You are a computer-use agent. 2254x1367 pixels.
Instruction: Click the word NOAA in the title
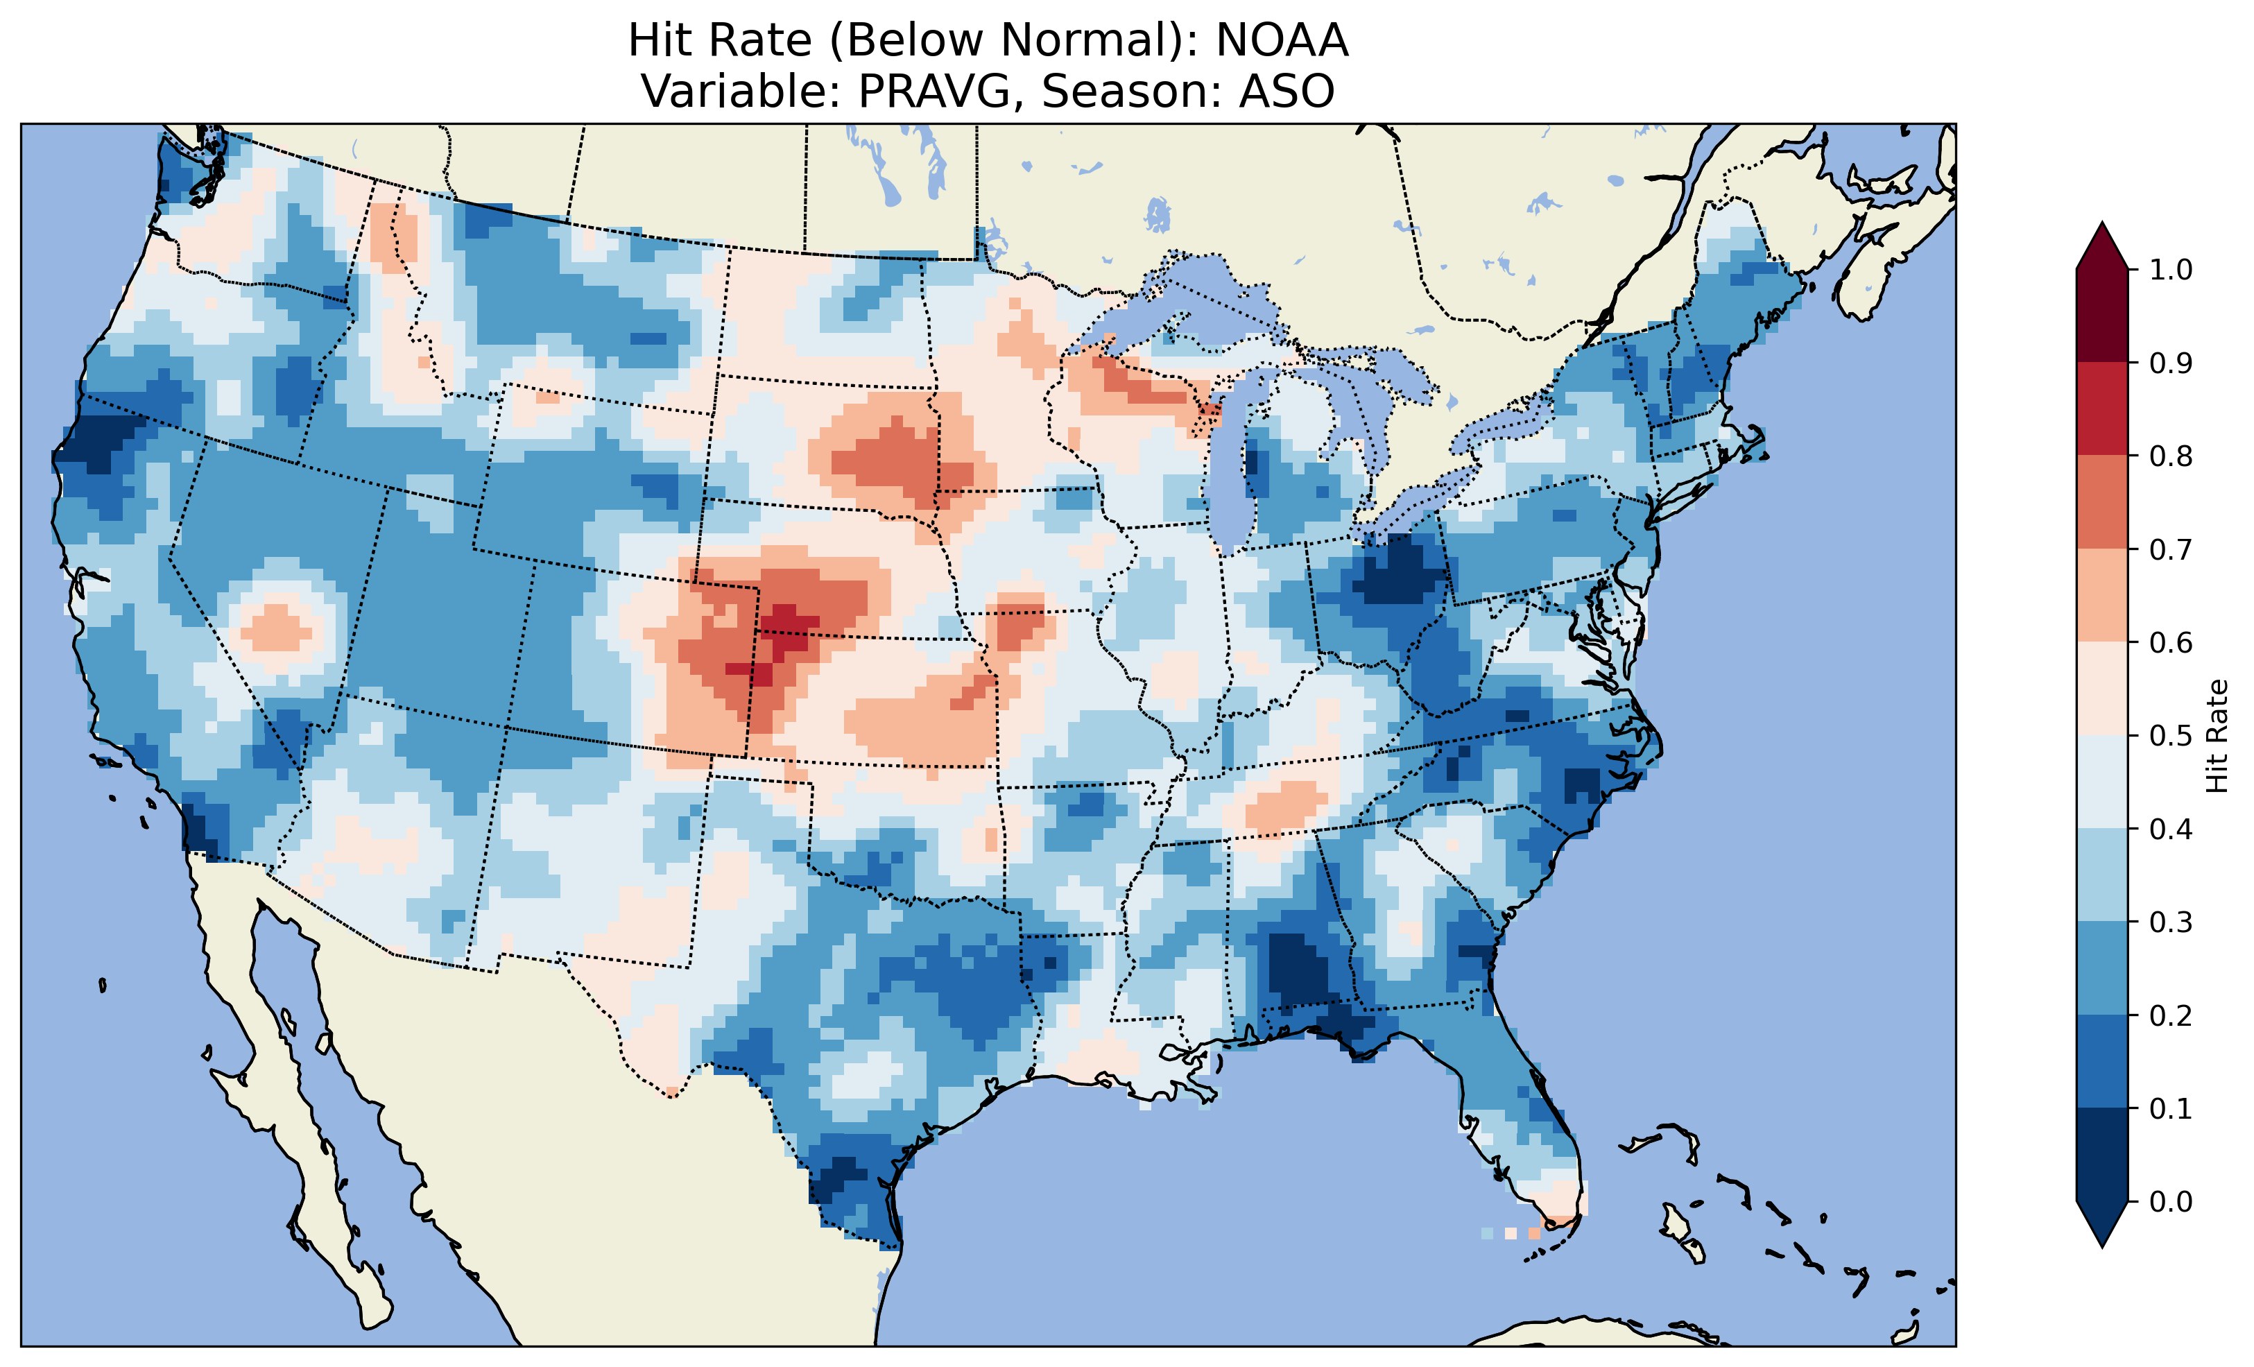[x=1282, y=40]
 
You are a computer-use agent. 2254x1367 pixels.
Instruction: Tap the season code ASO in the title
[x=1287, y=92]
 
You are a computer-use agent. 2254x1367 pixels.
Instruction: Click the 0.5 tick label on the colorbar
[x=2171, y=736]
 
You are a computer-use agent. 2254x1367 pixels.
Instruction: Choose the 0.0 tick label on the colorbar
[x=2171, y=1201]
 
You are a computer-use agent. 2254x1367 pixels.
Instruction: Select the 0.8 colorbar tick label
[x=2171, y=456]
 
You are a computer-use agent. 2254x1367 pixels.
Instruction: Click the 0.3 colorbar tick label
[x=2171, y=922]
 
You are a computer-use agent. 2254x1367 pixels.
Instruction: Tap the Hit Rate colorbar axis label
[x=2217, y=736]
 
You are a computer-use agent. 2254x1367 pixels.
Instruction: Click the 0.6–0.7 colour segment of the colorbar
[x=2102, y=596]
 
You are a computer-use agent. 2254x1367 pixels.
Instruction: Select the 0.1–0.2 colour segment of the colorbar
[x=2102, y=1061]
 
